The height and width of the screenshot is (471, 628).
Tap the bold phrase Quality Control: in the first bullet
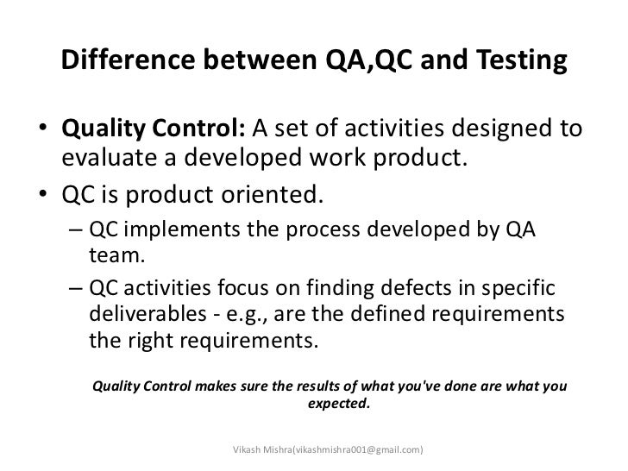point(154,130)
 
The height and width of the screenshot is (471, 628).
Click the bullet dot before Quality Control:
point(41,132)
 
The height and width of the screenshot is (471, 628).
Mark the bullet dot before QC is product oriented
point(41,195)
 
